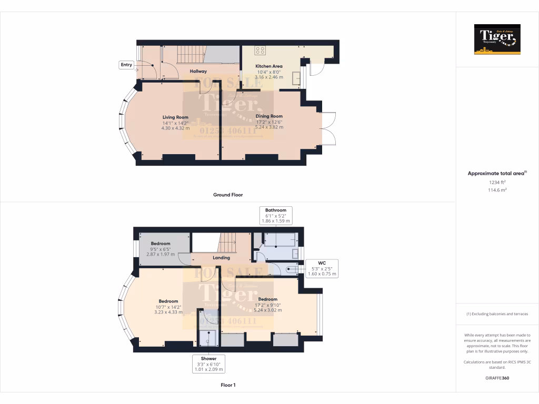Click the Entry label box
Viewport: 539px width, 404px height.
click(126, 65)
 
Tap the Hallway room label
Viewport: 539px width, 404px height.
click(198, 71)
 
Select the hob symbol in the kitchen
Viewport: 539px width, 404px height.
click(259, 50)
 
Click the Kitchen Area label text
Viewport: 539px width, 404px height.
click(269, 66)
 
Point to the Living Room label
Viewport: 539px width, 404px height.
click(175, 117)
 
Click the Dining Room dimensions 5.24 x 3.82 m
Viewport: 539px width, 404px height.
click(269, 127)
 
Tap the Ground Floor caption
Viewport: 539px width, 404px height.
click(228, 195)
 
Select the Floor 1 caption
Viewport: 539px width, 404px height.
click(228, 385)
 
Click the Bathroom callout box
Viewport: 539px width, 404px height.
click(276, 216)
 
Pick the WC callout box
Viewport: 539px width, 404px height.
click(322, 268)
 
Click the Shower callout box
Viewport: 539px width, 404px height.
click(208, 364)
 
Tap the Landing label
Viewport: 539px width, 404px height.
click(221, 258)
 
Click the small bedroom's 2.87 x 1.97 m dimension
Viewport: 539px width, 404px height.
click(161, 254)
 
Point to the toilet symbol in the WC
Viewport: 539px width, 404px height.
click(291, 270)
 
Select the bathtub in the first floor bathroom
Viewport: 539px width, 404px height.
click(280, 240)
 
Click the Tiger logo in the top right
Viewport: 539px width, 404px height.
click(497, 39)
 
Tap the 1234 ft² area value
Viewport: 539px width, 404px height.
click(497, 182)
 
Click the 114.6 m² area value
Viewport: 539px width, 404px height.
click(497, 190)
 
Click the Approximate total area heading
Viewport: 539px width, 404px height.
click(497, 173)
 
